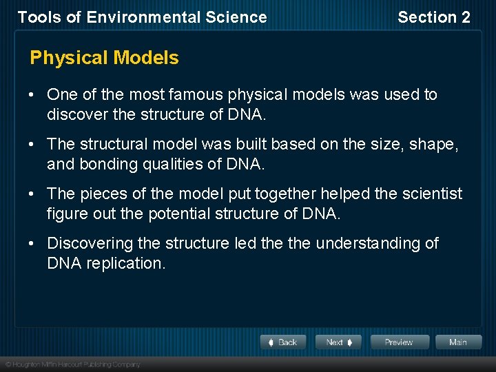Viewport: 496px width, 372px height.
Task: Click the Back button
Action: click(x=283, y=342)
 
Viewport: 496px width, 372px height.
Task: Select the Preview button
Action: click(x=399, y=342)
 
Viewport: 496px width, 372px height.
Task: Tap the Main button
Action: click(x=457, y=342)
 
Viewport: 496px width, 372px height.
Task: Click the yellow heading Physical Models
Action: click(x=104, y=58)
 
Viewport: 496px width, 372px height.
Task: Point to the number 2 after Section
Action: click(x=465, y=18)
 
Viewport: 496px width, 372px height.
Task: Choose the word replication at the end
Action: click(x=126, y=263)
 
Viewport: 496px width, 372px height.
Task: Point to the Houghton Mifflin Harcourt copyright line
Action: click(x=72, y=364)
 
